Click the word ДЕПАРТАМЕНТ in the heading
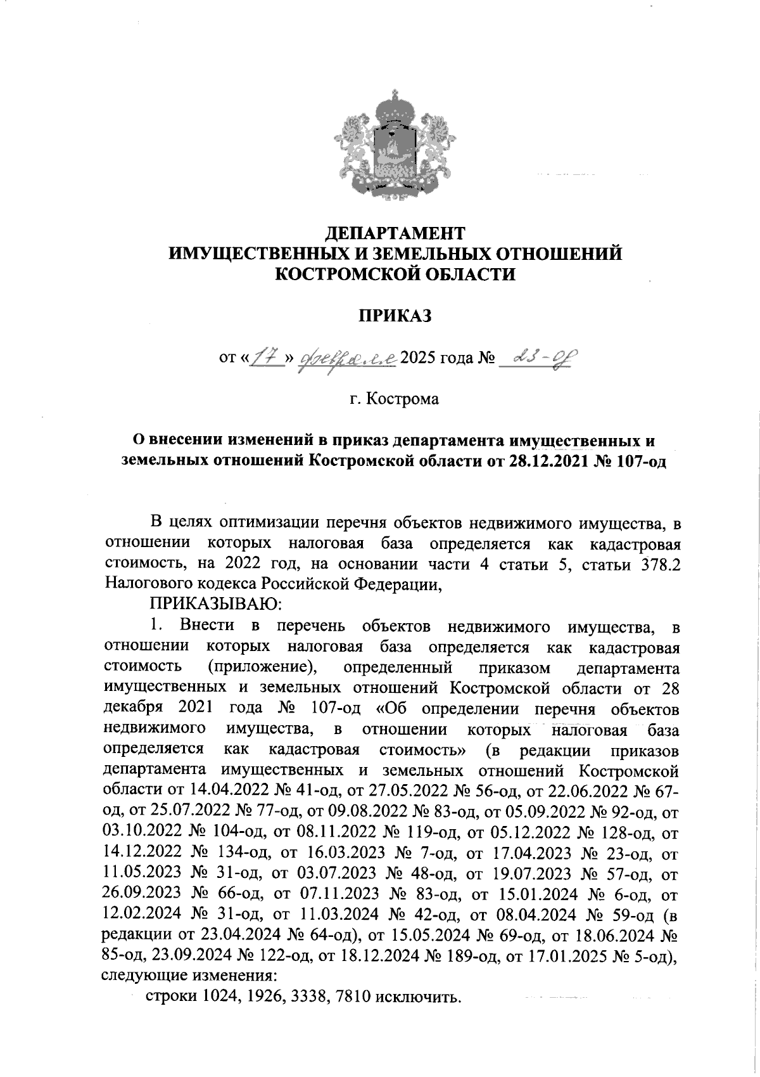tap(395, 233)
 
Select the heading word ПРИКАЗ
tap(395, 315)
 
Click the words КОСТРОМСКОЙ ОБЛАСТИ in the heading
tap(395, 274)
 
